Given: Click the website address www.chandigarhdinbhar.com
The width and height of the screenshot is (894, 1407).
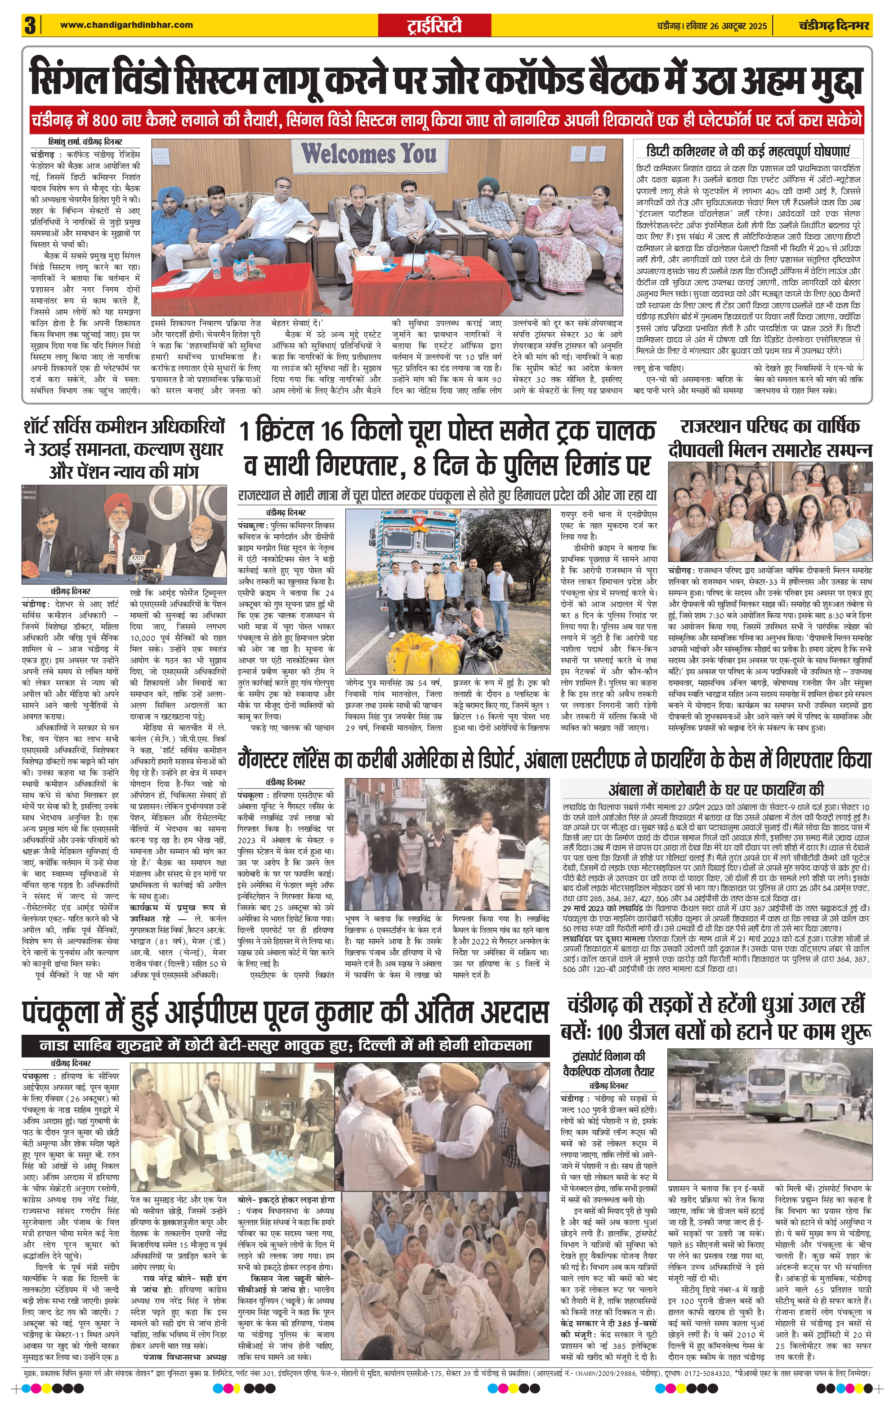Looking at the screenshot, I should coord(126,25).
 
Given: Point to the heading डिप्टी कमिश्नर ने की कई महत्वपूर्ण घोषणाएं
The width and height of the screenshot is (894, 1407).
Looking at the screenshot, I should coord(748,151).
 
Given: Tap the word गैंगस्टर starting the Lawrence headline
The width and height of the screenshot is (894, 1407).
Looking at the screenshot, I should coord(275,760).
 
